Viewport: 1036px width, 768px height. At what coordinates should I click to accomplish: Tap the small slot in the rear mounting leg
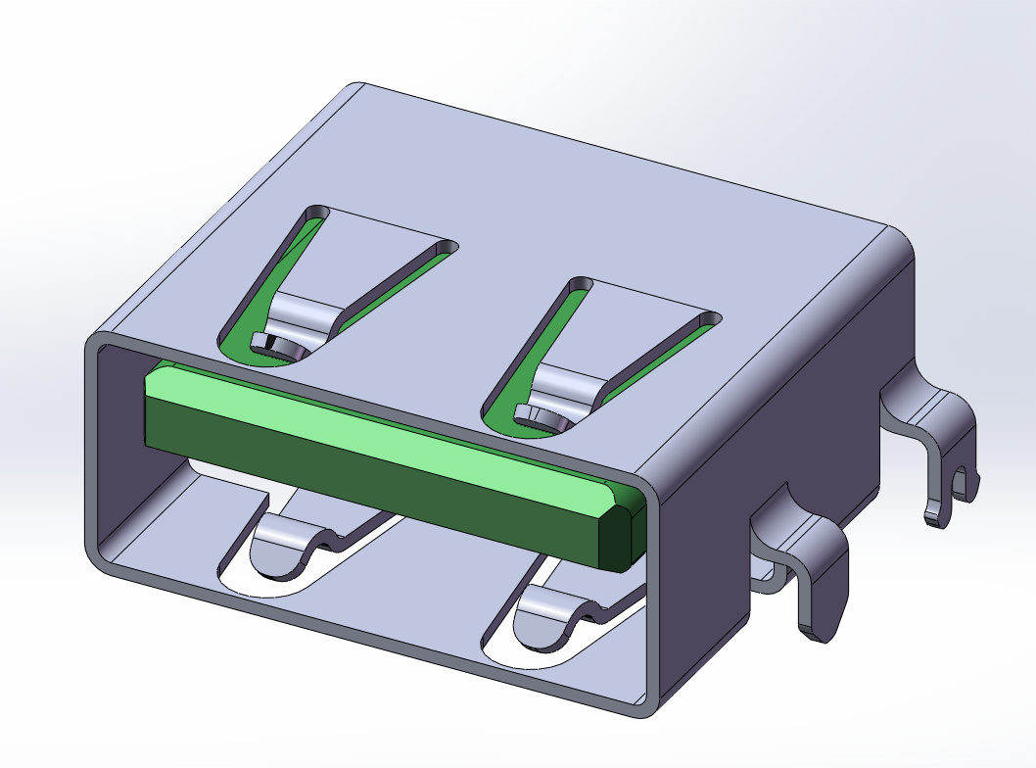[x=961, y=484]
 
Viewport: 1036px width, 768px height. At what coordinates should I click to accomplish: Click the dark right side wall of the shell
[x=783, y=411]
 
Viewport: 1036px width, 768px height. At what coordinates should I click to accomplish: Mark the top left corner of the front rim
[x=95, y=343]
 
